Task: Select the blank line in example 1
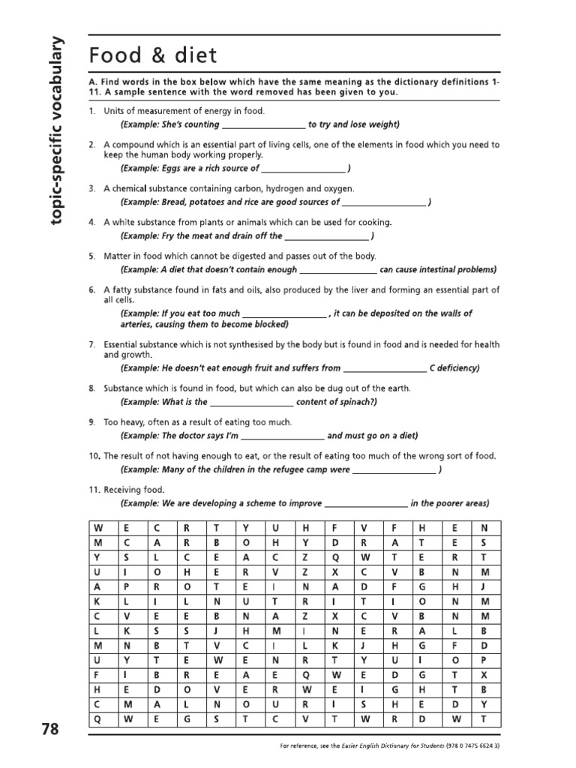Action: [x=263, y=125]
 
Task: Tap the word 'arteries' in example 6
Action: [x=136, y=325]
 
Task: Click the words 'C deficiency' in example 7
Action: [x=454, y=368]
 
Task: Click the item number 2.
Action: [x=91, y=144]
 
